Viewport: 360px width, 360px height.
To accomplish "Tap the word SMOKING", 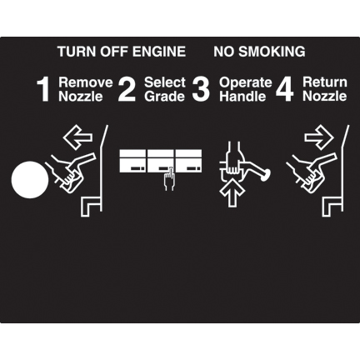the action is [272, 52].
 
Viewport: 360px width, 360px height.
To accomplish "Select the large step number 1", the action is [43, 90].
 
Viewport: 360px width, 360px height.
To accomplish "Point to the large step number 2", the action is [127, 89].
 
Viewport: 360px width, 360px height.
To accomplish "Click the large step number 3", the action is [201, 89].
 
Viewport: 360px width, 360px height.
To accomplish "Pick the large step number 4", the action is [285, 90].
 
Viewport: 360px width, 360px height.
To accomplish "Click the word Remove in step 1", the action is [86, 82].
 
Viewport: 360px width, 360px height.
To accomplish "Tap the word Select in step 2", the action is [165, 82].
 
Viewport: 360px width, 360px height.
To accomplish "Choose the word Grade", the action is [164, 97].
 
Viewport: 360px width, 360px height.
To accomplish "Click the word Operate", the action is [246, 82].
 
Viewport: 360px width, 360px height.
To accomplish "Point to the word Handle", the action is [242, 97].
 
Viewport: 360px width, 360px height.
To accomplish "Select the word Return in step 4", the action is [325, 82].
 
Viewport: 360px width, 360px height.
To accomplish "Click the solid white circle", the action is [30, 180].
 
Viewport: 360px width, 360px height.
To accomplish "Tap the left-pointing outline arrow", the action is [77, 137].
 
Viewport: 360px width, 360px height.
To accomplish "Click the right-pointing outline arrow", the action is [319, 137].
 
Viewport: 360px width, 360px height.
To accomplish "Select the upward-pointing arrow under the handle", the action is [232, 192].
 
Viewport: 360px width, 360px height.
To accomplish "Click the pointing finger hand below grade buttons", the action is [168, 179].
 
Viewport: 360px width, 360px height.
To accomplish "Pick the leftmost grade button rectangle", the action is [132, 161].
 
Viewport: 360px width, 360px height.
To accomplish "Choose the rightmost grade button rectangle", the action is [188, 161].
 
